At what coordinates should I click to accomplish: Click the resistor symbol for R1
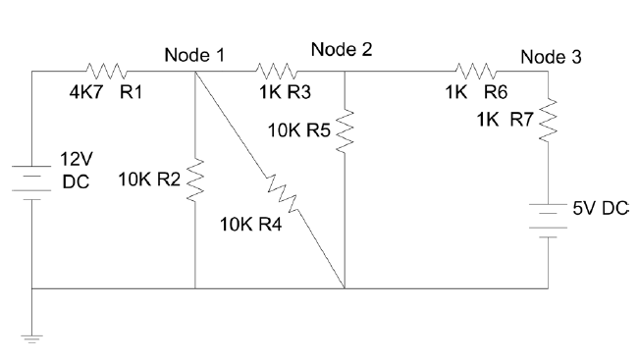click(x=104, y=71)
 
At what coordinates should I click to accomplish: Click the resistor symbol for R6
click(x=476, y=71)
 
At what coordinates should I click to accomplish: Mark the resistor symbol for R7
click(x=549, y=122)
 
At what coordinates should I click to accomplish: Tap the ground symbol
click(x=31, y=339)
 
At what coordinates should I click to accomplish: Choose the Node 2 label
click(x=342, y=49)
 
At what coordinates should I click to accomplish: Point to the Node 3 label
click(x=551, y=56)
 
